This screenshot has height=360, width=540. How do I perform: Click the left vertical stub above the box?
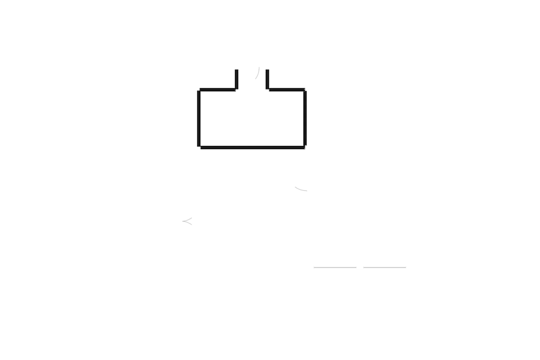tap(236, 79)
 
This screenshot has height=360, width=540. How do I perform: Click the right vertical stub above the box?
tap(268, 79)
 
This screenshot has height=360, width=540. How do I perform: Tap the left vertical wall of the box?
tap(198, 118)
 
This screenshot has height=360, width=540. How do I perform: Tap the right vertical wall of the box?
tap(305, 118)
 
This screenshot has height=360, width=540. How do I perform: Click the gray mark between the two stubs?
tap(258, 73)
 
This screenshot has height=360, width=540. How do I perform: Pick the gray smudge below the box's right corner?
tap(301, 189)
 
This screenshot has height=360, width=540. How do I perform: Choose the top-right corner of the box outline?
tap(305, 90)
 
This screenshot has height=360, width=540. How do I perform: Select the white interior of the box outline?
tap(252, 118)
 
